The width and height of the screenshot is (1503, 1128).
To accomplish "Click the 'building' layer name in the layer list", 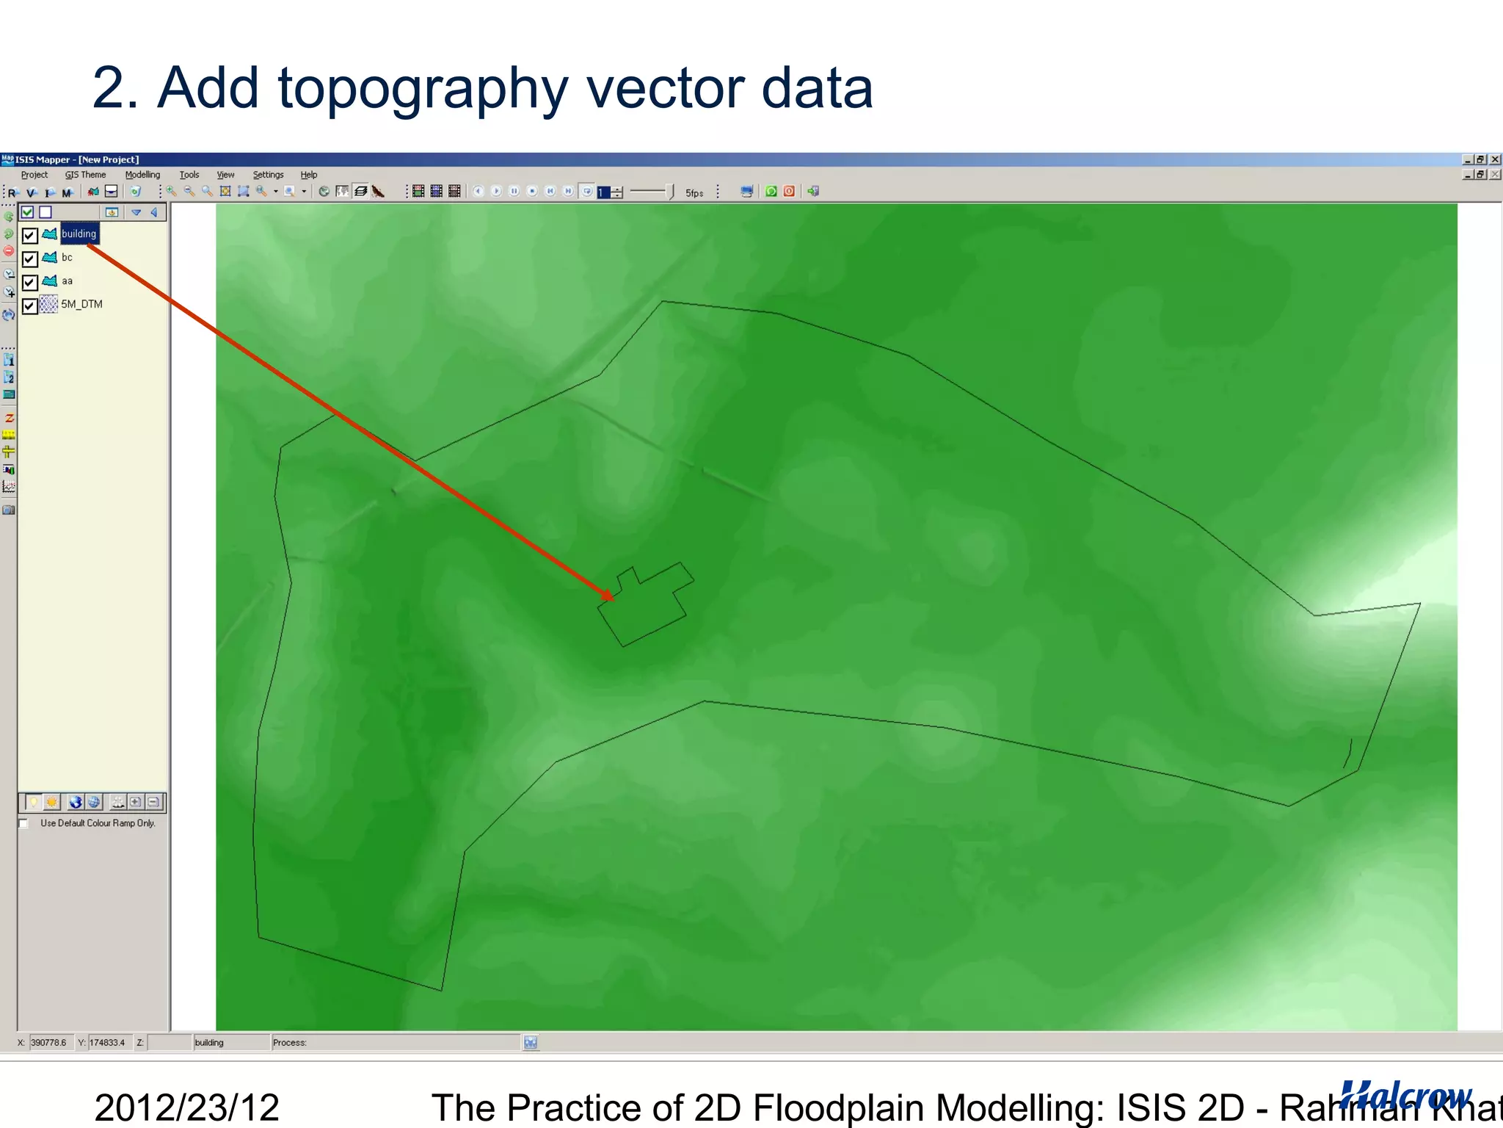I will point(79,234).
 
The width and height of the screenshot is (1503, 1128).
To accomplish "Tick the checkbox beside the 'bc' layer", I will point(29,258).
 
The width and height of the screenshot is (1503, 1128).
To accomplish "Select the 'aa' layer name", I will point(67,281).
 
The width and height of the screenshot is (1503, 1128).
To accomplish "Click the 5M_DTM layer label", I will point(81,305).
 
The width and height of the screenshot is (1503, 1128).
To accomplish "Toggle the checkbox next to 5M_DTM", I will point(29,305).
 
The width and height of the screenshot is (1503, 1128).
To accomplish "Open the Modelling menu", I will point(142,175).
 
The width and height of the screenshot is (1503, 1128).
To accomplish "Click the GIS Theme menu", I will point(85,175).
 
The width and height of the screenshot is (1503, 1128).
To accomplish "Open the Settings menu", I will point(268,175).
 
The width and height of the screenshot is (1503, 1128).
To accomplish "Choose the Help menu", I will point(308,175).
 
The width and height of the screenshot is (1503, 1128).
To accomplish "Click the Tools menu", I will point(189,175).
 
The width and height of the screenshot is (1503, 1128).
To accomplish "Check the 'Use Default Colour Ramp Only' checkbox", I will point(24,823).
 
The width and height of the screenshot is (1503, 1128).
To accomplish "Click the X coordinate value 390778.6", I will point(49,1042).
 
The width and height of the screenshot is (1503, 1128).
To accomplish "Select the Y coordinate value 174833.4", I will point(107,1042).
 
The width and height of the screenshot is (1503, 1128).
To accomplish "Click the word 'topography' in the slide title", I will point(423,88).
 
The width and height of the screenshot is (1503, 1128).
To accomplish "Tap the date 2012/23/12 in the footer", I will point(186,1107).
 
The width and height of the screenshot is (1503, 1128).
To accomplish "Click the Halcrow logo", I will point(1405,1095).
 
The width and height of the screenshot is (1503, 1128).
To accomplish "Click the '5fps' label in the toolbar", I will point(694,192).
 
